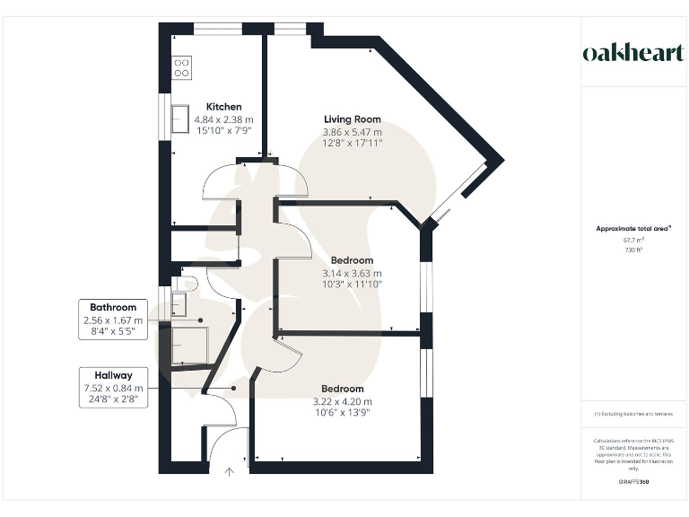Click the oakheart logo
pos(632,52)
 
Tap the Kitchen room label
pos(223,105)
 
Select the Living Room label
pos(352,119)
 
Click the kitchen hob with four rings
pos(182,67)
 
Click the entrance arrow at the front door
pos(229,471)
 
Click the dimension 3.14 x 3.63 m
pos(352,273)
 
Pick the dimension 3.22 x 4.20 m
pos(341,401)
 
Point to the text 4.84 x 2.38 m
pos(224,118)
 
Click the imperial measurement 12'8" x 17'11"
pos(352,143)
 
